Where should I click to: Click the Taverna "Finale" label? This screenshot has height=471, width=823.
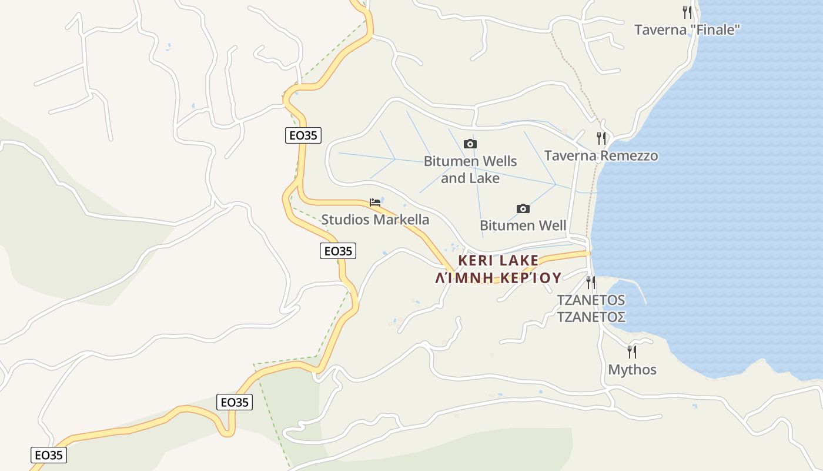tap(687, 29)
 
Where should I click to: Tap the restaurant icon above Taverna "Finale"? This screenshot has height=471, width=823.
tap(687, 12)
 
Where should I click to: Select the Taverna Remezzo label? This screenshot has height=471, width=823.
tap(601, 155)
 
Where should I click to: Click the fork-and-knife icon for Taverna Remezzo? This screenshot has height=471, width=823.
tap(601, 138)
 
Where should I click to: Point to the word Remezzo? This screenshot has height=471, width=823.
tap(630, 155)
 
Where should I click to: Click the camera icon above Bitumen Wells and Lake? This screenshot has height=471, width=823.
tap(470, 144)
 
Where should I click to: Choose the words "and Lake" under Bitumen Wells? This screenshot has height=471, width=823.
tap(470, 178)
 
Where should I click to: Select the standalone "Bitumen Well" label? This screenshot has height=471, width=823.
tap(523, 225)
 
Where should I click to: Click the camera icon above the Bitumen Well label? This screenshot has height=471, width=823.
tap(523, 208)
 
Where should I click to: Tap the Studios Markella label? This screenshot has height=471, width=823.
tap(375, 220)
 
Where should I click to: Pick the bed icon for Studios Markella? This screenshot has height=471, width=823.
tap(375, 203)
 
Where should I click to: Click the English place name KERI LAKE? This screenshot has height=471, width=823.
tap(499, 260)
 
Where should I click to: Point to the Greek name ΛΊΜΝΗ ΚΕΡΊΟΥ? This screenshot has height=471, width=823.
tap(499, 277)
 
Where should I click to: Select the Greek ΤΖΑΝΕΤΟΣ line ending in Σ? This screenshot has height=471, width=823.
tap(591, 317)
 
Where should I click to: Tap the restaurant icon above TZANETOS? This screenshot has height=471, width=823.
tap(591, 283)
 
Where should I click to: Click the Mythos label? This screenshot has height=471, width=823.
tap(632, 370)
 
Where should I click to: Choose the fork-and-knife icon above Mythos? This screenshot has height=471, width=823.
tap(632, 352)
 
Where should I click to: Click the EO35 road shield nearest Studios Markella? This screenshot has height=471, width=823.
tap(338, 251)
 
